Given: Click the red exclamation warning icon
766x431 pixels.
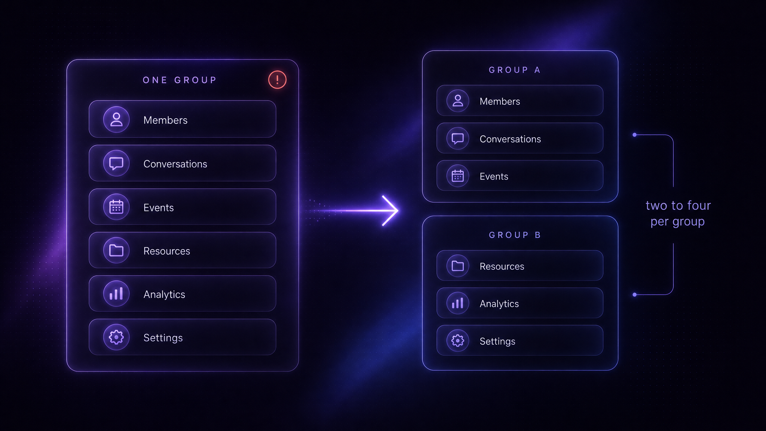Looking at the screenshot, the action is tap(277, 80).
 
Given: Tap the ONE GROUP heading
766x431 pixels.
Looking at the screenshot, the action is tap(180, 80).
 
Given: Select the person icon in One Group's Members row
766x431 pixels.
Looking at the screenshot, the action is tap(116, 120).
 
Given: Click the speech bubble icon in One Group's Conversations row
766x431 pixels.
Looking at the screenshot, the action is tap(116, 163).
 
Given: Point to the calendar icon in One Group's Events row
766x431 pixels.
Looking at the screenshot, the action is tap(116, 207).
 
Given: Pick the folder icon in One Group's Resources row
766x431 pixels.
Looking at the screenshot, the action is tap(116, 250).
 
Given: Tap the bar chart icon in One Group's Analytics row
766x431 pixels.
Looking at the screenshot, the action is tap(116, 294).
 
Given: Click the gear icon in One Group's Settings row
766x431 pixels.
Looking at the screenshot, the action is tap(116, 337).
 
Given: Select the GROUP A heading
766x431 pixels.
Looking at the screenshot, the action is tap(515, 70).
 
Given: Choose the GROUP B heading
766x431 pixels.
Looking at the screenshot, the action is tap(515, 235).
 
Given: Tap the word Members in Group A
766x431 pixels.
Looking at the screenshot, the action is tap(500, 101).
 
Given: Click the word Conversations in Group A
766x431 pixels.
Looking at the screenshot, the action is tap(510, 139).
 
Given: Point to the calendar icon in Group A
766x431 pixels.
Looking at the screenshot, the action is tap(458, 176).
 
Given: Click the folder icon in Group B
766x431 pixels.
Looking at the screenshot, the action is tap(458, 266).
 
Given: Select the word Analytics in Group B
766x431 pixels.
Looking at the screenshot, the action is tap(499, 304).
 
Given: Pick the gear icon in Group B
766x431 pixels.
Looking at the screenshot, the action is tap(458, 340).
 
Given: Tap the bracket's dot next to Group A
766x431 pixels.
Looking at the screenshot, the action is tap(634, 135).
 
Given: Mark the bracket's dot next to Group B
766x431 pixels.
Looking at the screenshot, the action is tap(634, 295).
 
